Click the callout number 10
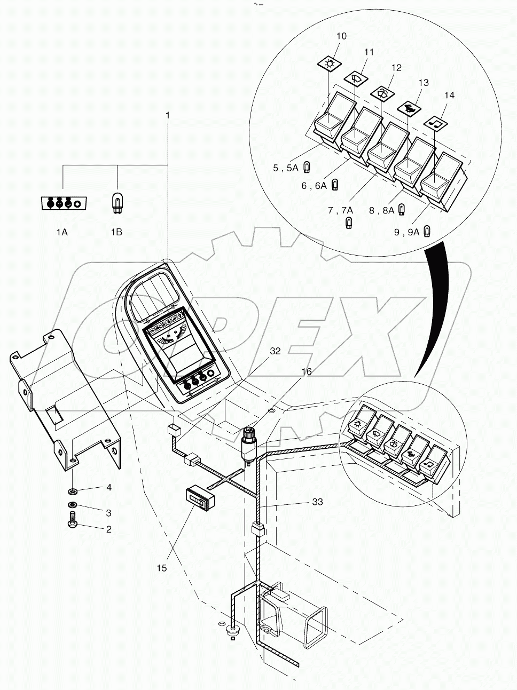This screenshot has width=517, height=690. pos(341,36)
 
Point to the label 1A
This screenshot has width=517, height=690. pos(62,232)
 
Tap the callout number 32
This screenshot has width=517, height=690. pos(275,351)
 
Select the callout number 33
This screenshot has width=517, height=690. pos(318,502)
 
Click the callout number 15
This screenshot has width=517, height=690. pos(161,568)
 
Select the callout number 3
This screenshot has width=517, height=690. pos(108,513)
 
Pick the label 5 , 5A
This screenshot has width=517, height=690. pos(285,168)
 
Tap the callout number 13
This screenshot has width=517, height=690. pos(423,83)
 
